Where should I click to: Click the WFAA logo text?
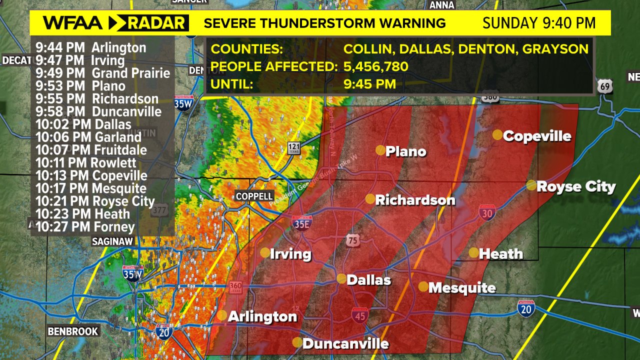click(x=72, y=23)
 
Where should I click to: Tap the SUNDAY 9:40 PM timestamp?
click(x=539, y=23)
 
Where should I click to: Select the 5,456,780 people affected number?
click(x=376, y=66)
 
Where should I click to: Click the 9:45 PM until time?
click(x=369, y=83)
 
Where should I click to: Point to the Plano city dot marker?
click(x=380, y=150)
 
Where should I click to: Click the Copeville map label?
click(x=537, y=136)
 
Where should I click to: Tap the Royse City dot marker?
click(x=531, y=185)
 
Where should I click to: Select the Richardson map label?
click(x=415, y=200)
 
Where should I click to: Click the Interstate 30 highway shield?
click(x=487, y=212)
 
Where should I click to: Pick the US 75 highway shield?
click(x=352, y=240)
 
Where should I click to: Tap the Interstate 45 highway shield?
click(x=360, y=315)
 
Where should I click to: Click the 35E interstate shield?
click(x=302, y=223)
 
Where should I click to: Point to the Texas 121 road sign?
click(x=294, y=147)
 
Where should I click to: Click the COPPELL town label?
click(x=254, y=196)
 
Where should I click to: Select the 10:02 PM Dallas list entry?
click(x=83, y=124)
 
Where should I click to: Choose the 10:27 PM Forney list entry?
click(x=85, y=227)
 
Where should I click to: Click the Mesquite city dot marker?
click(x=423, y=286)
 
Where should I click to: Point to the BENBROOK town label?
click(x=73, y=331)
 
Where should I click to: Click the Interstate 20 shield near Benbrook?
click(x=164, y=331)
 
